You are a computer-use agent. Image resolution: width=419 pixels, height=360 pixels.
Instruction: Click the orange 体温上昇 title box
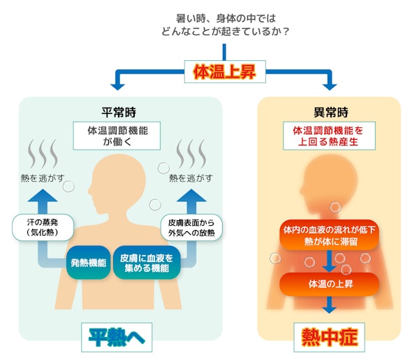tap(223, 72)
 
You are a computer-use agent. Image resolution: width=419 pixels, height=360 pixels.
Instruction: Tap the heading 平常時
tap(119, 112)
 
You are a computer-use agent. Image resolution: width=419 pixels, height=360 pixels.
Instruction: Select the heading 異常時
tap(329, 112)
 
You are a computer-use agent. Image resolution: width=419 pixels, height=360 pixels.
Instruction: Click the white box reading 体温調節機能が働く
tap(119, 135)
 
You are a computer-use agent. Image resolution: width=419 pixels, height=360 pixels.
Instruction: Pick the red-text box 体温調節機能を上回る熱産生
tap(329, 135)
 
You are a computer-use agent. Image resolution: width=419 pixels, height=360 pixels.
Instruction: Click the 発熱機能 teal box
tap(89, 263)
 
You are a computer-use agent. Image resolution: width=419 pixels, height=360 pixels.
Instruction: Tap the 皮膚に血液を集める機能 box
tap(147, 263)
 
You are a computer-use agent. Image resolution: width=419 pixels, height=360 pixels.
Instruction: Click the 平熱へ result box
tap(117, 338)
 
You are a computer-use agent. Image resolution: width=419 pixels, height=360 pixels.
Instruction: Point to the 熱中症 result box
tap(329, 338)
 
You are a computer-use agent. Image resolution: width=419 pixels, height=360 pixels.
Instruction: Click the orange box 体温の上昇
tap(329, 285)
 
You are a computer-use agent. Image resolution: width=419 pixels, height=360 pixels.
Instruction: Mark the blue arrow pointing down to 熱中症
tap(329, 305)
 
